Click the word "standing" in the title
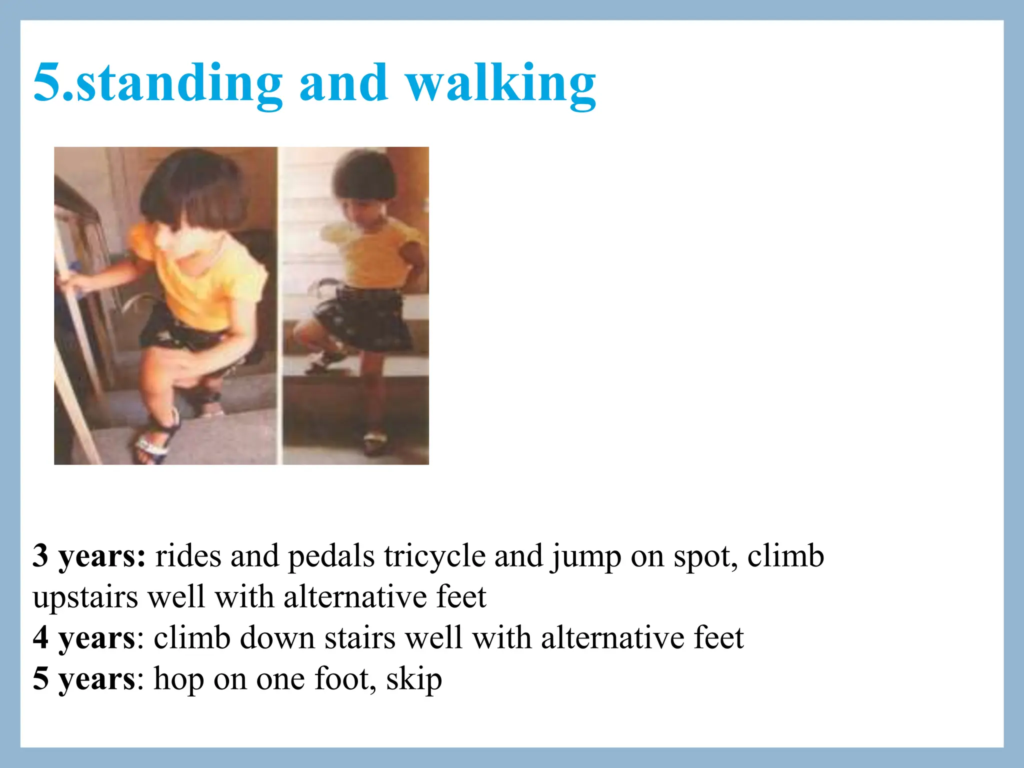coord(179,82)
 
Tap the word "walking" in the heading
coord(500,82)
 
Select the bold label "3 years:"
coord(89,556)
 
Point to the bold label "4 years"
coord(83,638)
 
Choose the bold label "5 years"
coord(83,679)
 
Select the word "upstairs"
coord(85,597)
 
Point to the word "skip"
coord(414,679)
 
